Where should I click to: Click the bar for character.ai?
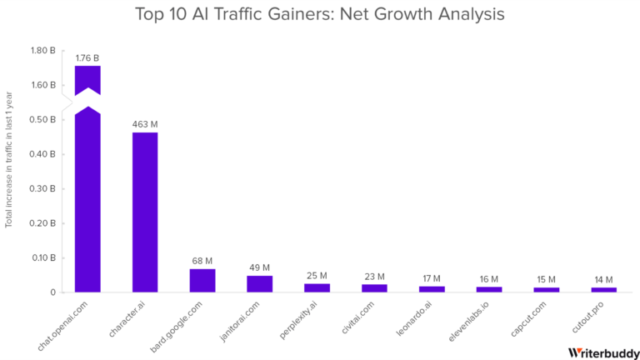click(145, 212)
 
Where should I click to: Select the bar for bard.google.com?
click(202, 280)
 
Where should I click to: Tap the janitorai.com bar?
click(260, 283)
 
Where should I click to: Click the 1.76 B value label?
click(87, 58)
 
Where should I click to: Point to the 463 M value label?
click(145, 124)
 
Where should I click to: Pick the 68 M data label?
click(202, 261)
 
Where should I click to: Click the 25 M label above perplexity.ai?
click(317, 276)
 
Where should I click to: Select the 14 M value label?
click(603, 280)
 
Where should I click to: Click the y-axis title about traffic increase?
click(9, 171)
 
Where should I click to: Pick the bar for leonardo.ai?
click(432, 288)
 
